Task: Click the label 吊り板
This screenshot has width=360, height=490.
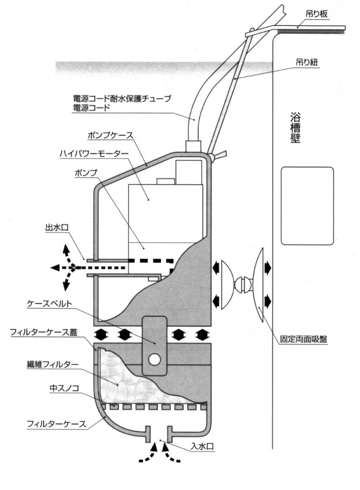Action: coord(316,14)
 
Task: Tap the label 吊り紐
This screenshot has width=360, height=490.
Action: coord(307,62)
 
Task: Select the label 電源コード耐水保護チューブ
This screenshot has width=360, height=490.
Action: coord(122,99)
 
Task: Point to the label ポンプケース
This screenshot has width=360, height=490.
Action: coord(110,135)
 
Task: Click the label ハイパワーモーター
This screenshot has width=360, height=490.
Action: coord(94,154)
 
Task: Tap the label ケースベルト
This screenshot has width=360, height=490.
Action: coord(50,303)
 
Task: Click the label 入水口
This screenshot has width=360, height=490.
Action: coord(202,446)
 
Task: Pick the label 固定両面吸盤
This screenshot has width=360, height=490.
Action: coord(304,339)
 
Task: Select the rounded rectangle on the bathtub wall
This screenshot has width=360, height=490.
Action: coord(307,206)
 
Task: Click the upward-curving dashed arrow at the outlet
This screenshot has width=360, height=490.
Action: coord(68,255)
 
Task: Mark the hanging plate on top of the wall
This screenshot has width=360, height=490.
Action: coord(295,29)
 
